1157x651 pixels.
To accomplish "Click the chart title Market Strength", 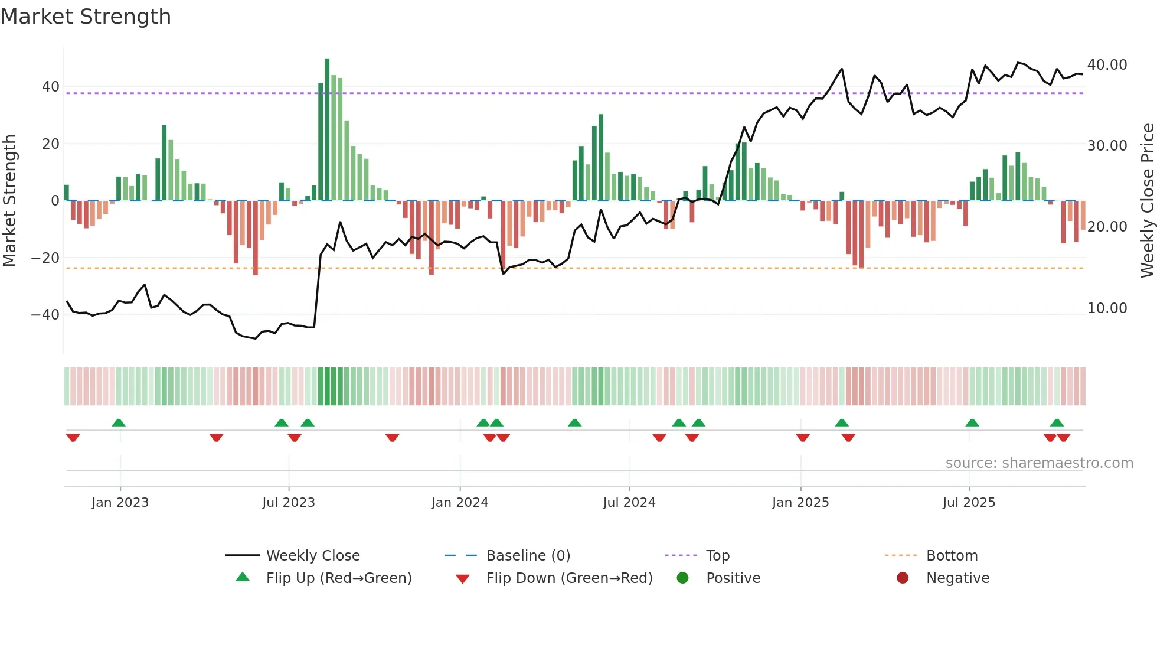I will [86, 17].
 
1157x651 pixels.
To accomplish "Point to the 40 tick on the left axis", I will [51, 87].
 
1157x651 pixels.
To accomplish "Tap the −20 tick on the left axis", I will [45, 258].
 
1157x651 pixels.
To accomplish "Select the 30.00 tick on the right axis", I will [1107, 146].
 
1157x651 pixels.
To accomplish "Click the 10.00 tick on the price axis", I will [1107, 308].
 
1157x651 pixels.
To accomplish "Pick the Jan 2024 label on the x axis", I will [460, 503].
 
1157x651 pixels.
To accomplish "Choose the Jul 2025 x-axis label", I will [969, 503].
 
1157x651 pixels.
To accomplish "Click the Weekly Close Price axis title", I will [1147, 201].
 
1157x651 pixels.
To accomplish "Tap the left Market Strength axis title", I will [9, 201].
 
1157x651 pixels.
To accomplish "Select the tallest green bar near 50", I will [327, 130].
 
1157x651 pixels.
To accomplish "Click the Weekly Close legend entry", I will [312, 556].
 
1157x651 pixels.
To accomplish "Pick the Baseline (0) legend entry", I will [528, 556].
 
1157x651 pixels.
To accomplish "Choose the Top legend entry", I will [717, 556].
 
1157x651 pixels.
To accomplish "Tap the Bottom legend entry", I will [952, 556].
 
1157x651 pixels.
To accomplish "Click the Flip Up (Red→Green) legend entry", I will [338, 578].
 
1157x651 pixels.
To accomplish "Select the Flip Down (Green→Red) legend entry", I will [569, 578].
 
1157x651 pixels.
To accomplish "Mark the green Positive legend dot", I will [683, 578].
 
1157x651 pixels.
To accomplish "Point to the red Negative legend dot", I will [903, 578].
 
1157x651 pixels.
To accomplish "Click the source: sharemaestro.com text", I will [1039, 463].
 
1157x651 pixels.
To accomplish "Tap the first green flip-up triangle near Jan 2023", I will [119, 423].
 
